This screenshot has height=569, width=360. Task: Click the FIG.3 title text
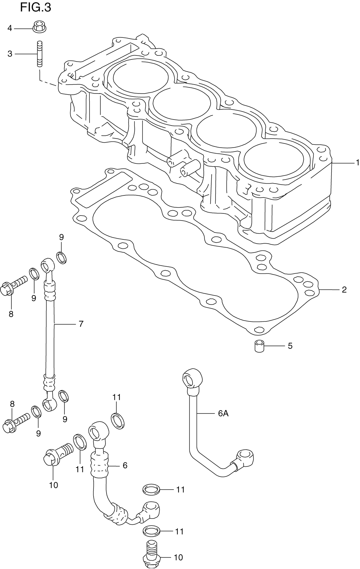pos(36,7)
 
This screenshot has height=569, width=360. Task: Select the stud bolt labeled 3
pos(39,54)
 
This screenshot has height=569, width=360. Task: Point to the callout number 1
pos(357,162)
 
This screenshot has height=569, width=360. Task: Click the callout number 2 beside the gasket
pos(344,290)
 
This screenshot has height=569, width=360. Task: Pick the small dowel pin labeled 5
pos(260,346)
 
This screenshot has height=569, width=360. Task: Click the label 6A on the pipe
pos(223,414)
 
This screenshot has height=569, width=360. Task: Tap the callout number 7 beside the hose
pos(81,324)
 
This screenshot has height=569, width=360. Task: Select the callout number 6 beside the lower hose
pos(125,465)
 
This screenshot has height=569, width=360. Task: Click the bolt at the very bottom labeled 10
pos(152,556)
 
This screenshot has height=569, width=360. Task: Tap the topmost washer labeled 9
pos(62,258)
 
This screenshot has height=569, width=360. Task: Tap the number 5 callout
pos(290,346)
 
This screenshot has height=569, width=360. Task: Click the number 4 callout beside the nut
pos(10,28)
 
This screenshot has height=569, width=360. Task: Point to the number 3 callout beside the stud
pos(10,54)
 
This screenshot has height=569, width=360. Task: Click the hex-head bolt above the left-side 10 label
pos(58,456)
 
